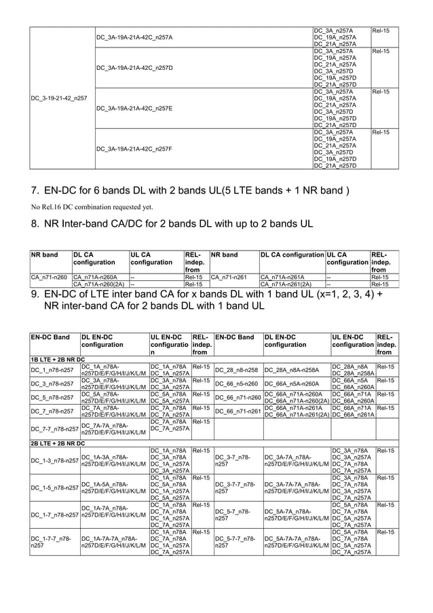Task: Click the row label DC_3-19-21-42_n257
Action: pyautogui.click(x=60, y=98)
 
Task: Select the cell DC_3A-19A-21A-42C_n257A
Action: pyautogui.click(x=135, y=37)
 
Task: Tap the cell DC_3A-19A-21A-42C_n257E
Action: pyautogui.click(x=135, y=108)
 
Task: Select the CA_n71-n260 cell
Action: pyautogui.click(x=50, y=277)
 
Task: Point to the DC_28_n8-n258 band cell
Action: pyautogui.click(x=236, y=370)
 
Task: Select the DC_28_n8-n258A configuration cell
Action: pyautogui.click(x=291, y=370)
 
